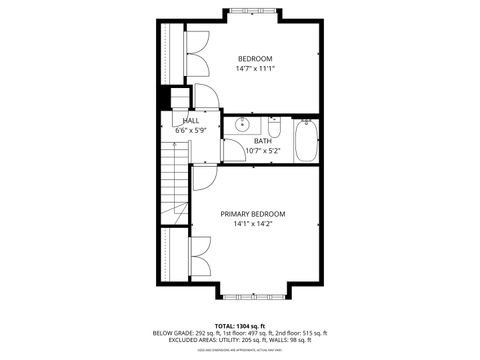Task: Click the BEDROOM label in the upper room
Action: pos(254,59)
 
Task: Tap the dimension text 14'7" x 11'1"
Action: pos(254,69)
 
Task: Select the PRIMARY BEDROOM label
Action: pos(253,214)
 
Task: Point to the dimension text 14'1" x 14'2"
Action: pos(253,224)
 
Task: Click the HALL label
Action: pos(190,120)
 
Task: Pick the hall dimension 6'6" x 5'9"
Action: pos(190,130)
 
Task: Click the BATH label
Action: pos(262,141)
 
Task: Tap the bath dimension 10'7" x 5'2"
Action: pos(262,151)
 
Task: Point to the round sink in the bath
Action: pos(240,125)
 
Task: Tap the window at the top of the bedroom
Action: pos(256,11)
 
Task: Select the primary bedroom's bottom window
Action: pos(256,297)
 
